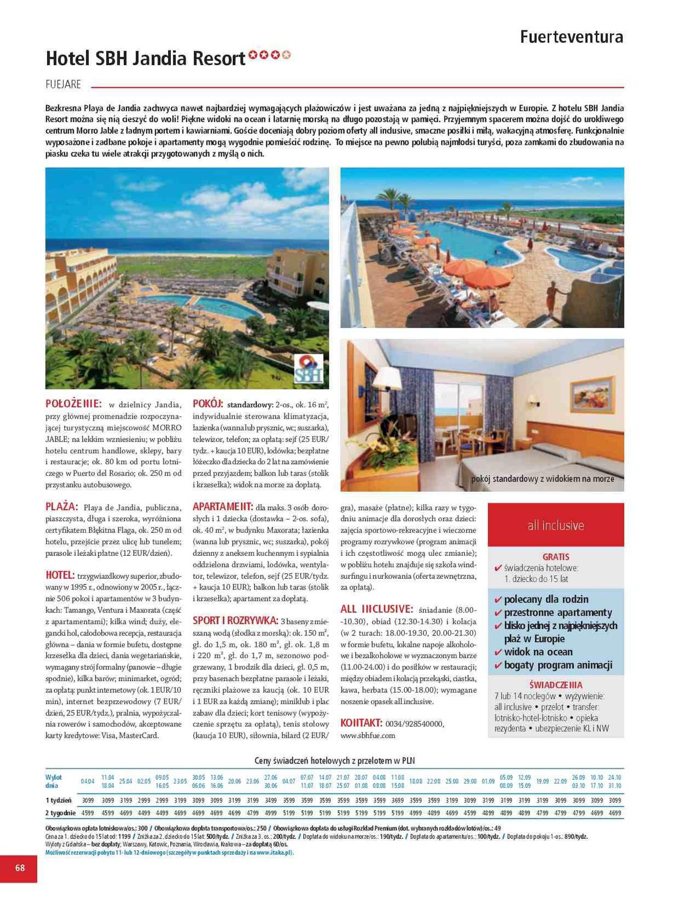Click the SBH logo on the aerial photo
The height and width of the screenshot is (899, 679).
pos(309,369)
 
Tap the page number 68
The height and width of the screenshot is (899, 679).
pos(20,868)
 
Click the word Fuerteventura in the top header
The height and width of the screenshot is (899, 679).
pos(571,37)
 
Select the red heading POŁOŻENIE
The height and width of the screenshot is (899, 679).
pos(74,403)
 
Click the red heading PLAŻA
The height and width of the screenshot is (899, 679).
pos(62,507)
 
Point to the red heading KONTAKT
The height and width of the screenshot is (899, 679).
pos(361,723)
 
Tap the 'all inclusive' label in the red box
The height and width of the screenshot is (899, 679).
pos(555,525)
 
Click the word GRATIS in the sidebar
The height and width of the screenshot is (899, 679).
pos(556,557)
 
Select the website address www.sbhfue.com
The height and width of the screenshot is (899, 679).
pos(368,735)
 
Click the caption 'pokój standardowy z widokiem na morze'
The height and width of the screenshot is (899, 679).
pos(542,479)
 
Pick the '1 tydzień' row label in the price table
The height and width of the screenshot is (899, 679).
pos(58,800)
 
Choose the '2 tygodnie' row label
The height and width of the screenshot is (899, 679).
pos(60,812)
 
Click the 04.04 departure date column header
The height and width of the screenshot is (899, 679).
pos(88,782)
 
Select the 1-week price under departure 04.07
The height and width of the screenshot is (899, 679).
pos(289,800)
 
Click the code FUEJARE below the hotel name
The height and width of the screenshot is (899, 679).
pos(64,85)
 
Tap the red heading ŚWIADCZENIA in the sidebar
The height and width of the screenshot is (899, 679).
pos(555,685)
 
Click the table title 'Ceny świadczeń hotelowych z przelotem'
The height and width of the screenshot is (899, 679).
pos(334,761)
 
